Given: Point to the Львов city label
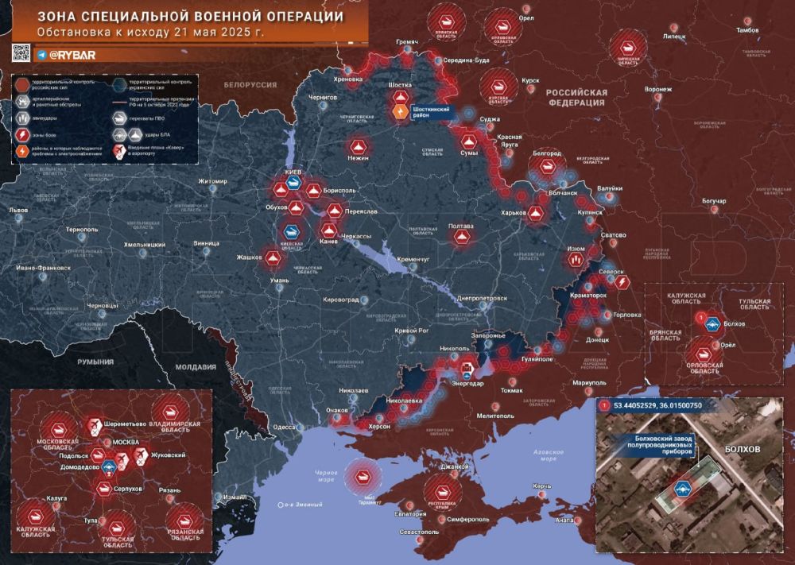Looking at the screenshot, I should point(17,211).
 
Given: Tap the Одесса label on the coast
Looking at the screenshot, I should point(286,427).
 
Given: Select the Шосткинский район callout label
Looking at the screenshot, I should point(432,111).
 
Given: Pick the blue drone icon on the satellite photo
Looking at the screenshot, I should point(681,488).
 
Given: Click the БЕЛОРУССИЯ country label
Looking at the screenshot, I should point(249,84).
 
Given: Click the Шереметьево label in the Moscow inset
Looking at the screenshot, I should point(121,423).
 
